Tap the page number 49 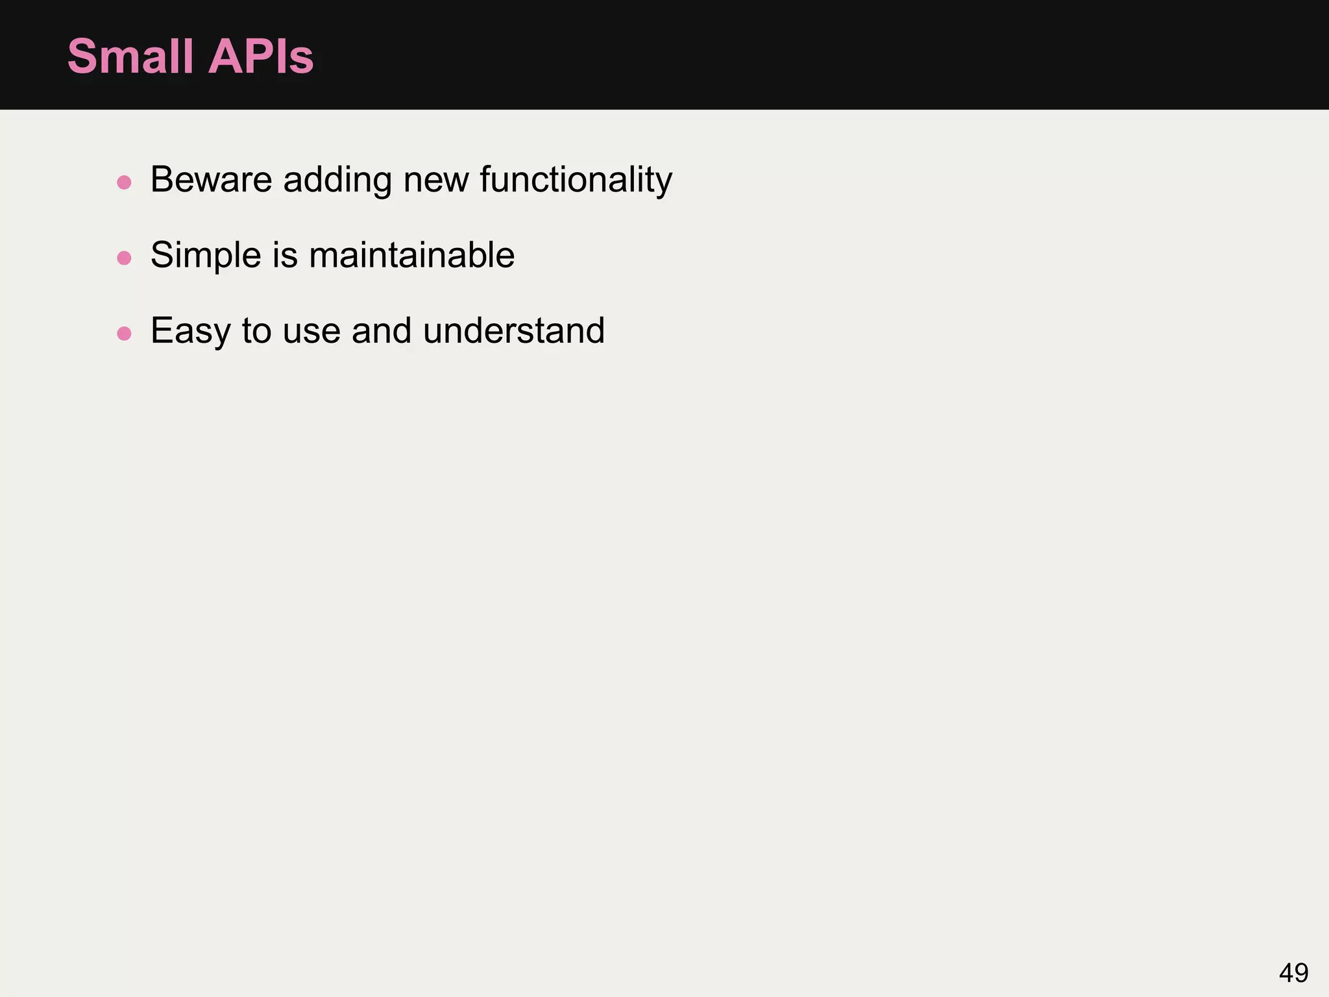[x=1293, y=973]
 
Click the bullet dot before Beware [x=124, y=182]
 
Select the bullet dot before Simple [x=124, y=258]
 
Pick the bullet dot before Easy [x=124, y=334]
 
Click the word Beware [x=211, y=180]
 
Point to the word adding [x=337, y=180]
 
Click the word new [x=435, y=180]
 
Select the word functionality [x=576, y=180]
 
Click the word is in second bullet [x=285, y=255]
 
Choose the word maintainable [x=411, y=255]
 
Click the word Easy [x=190, y=331]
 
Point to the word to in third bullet [x=256, y=331]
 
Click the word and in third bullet [x=382, y=331]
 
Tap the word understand [x=513, y=331]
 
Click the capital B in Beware [x=162, y=180]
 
